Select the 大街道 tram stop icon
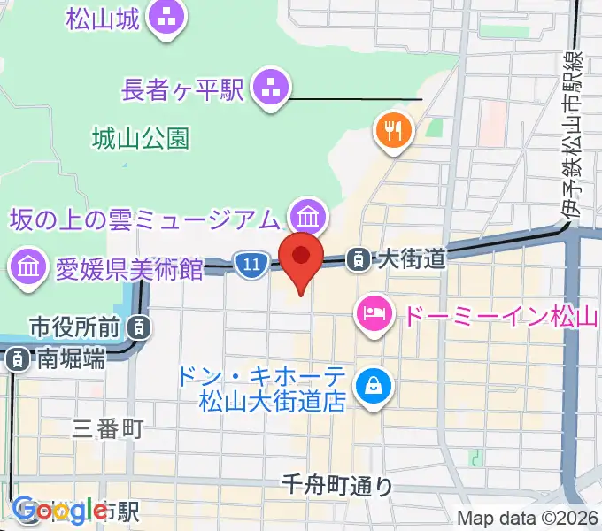(359, 258)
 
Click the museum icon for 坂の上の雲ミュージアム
(308, 215)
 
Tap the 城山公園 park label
(140, 138)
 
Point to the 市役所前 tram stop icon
(139, 327)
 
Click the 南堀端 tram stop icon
(16, 359)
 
